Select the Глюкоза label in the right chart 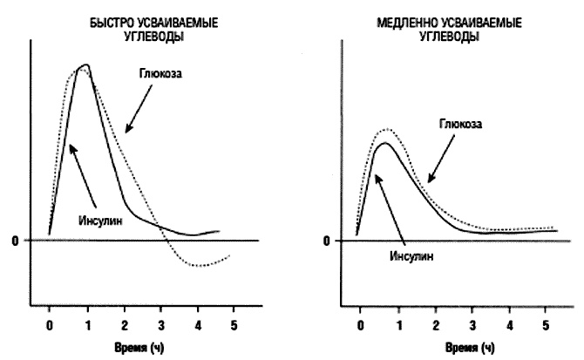tap(459, 124)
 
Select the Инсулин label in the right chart tap(411, 256)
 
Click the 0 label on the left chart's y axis tap(15, 241)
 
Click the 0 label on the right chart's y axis tap(327, 241)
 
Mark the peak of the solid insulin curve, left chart tap(85, 65)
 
